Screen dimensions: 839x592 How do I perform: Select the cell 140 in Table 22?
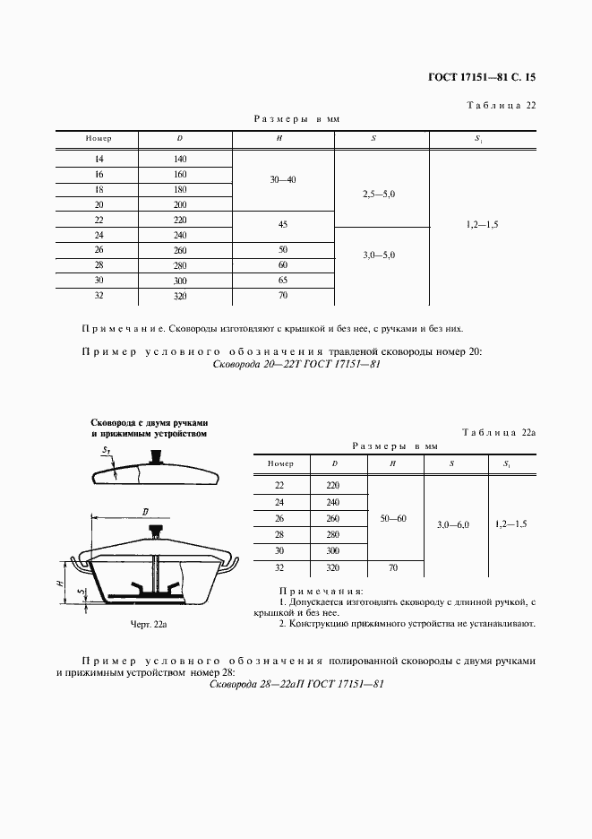coord(180,159)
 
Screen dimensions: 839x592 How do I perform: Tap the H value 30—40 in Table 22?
coord(282,180)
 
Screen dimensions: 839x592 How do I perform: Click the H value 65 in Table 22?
coord(282,281)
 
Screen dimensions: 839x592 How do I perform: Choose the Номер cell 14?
coord(99,159)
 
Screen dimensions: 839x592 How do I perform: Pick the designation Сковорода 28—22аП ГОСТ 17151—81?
coord(296,684)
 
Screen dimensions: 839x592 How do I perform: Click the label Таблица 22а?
coord(498,433)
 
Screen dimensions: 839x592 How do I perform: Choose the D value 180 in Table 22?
coord(180,190)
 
